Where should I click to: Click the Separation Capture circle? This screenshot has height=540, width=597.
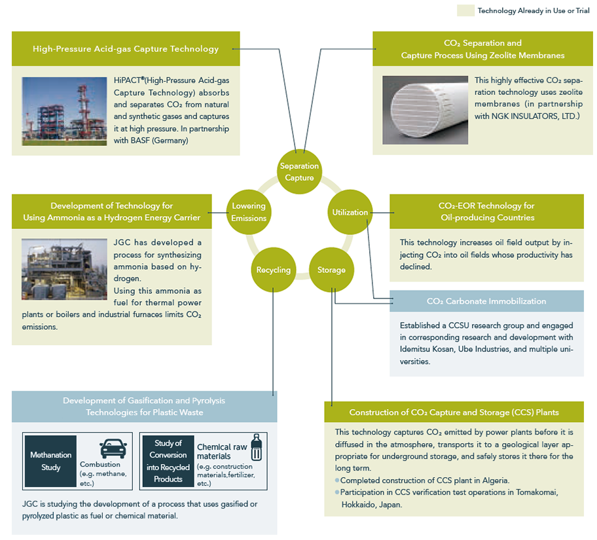[x=299, y=171]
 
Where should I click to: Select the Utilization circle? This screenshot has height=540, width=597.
[x=350, y=212]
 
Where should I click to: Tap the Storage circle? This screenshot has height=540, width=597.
[x=331, y=270]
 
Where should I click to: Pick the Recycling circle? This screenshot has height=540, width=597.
[x=274, y=270]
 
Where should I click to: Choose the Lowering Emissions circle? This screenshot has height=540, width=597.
[x=249, y=212]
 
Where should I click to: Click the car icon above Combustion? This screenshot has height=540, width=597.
[x=113, y=448]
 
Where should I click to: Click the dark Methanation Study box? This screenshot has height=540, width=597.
[x=50, y=461]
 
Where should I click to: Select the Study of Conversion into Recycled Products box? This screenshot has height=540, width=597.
[x=168, y=461]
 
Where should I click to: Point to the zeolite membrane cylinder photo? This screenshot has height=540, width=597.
[x=425, y=110]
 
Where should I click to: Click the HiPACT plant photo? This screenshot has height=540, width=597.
[x=64, y=111]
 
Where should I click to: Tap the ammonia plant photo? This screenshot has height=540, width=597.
[x=64, y=269]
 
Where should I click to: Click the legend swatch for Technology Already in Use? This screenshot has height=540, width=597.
[x=465, y=10]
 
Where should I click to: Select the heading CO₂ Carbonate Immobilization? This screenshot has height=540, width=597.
[x=486, y=301]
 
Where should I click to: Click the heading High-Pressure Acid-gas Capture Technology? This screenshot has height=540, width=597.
[x=126, y=48]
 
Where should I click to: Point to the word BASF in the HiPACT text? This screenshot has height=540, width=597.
[x=140, y=141]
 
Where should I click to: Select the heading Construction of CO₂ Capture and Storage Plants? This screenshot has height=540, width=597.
[x=454, y=412]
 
